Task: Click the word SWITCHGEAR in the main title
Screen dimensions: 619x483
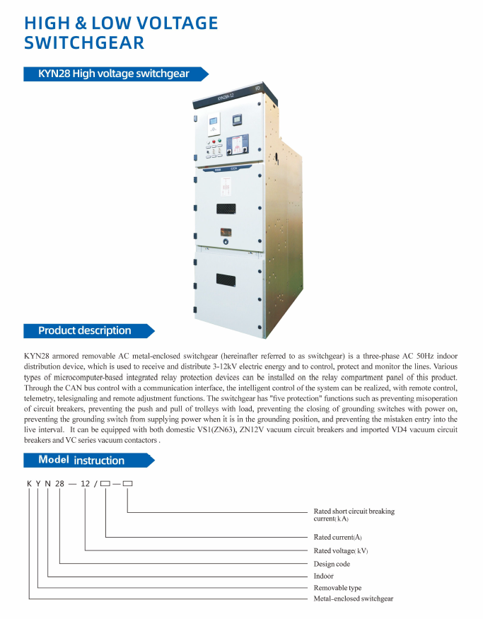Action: tap(84, 42)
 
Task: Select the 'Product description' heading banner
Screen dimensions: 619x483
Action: tap(85, 330)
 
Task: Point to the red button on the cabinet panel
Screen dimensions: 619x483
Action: tap(209, 142)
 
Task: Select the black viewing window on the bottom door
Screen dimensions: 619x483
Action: tap(227, 279)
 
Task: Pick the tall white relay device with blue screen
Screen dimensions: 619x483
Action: tap(213, 127)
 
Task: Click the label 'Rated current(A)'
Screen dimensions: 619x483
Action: tap(337, 537)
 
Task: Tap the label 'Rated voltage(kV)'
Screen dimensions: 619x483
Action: tap(340, 550)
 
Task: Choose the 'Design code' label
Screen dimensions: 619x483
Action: tap(332, 564)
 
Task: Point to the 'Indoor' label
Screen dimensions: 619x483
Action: tap(324, 576)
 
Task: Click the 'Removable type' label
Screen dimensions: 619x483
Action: tap(337, 588)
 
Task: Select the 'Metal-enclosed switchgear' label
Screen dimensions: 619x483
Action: tap(353, 599)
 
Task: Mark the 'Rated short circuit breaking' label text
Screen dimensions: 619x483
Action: tap(354, 511)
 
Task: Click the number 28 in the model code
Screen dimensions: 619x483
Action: tap(60, 485)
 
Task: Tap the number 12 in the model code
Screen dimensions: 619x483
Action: tap(86, 485)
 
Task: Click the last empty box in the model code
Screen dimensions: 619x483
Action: tap(127, 485)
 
